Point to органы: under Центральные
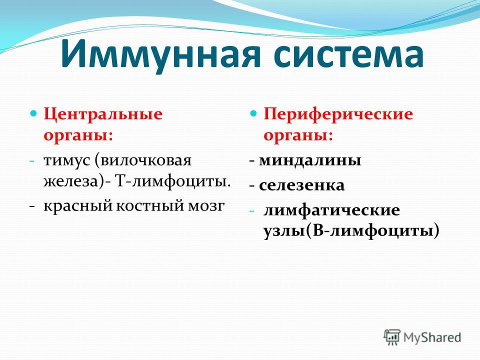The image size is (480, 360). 78,136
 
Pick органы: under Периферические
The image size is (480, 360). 298,136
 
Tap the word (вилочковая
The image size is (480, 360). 143,160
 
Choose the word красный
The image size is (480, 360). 78,206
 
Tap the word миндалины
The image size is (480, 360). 310,160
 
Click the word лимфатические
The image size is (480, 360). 331,210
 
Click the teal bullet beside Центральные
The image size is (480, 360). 34,114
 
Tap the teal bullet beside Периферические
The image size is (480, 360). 254,114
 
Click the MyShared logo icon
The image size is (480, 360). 392,337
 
